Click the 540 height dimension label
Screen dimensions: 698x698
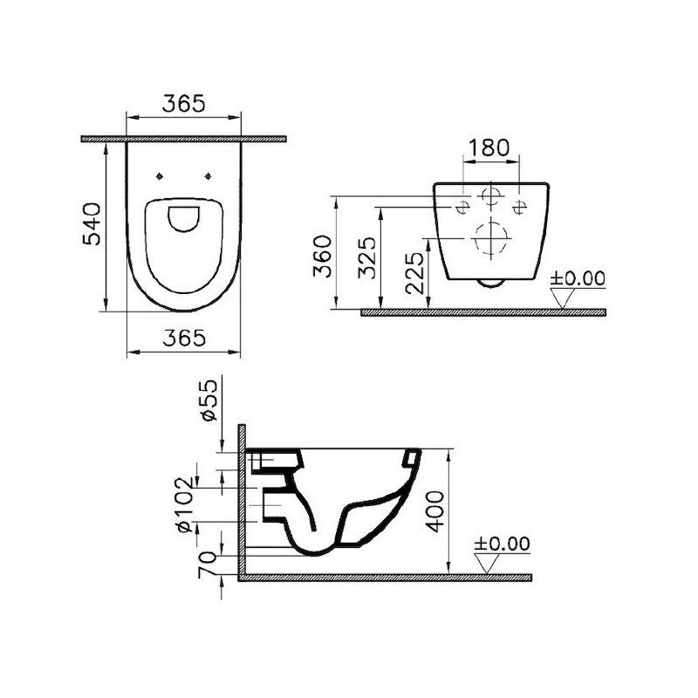pos(92,223)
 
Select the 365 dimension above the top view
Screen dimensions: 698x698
pos(183,103)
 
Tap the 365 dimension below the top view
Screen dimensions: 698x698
pos(184,338)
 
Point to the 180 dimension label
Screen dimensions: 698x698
pos(489,147)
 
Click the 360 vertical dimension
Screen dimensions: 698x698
pos(323,257)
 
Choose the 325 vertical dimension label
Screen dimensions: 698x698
pos(367,258)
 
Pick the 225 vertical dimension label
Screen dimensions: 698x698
pos(414,273)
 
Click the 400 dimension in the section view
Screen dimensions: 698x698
pos(435,511)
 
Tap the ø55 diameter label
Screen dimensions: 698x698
pos(209,400)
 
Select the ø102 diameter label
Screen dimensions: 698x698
pos(185,504)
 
